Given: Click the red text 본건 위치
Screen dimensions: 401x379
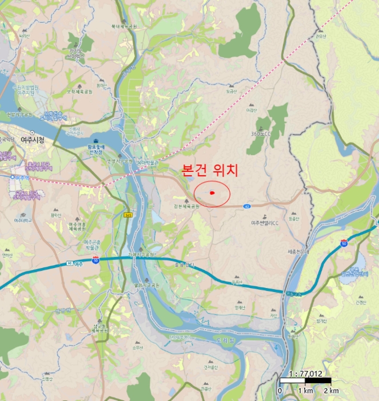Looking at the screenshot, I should pos(209,170).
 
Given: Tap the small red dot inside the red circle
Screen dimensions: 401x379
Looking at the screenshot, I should pos(212,193).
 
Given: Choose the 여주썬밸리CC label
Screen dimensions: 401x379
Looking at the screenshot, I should pos(264,223).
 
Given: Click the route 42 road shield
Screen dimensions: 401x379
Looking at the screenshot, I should pos(247,205).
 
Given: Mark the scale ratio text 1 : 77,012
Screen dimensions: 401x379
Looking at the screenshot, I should pos(305,374).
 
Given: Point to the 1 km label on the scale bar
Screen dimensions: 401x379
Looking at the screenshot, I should pos(305,391).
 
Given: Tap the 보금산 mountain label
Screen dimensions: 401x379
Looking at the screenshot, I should pos(230,91).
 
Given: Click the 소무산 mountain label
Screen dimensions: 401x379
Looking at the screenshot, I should pos(137,347).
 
